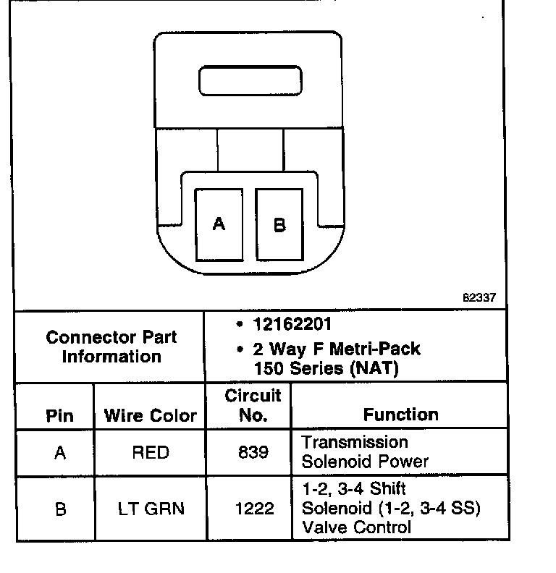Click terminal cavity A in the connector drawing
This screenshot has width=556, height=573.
(x=219, y=224)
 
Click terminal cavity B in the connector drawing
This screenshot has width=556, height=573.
(x=279, y=224)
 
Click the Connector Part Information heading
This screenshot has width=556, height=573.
(x=111, y=347)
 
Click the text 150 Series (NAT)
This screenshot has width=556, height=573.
(x=326, y=368)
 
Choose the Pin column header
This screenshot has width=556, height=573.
(x=59, y=415)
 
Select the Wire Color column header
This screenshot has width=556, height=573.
(x=151, y=415)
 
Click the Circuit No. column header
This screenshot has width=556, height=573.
(x=253, y=405)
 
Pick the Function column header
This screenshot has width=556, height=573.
(x=400, y=415)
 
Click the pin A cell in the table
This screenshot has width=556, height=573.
(x=60, y=453)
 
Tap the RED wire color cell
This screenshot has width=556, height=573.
(x=151, y=453)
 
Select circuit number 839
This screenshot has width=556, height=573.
(x=253, y=453)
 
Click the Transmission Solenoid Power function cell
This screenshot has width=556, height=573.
(x=366, y=451)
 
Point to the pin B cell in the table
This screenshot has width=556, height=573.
(x=60, y=509)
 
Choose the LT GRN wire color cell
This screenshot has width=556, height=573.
(x=151, y=509)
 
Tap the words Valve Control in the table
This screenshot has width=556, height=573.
(x=356, y=527)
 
